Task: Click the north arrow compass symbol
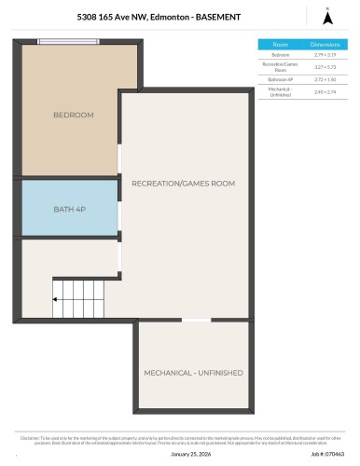click(326, 16)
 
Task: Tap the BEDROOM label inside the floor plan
click(74, 115)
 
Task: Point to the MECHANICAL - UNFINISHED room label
click(193, 372)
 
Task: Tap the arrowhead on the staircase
click(56, 299)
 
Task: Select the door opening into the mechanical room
click(195, 321)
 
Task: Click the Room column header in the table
click(280, 44)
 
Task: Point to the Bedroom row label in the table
click(280, 55)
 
